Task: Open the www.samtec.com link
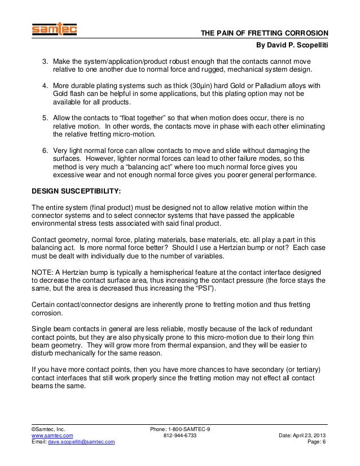[x=52, y=436]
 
